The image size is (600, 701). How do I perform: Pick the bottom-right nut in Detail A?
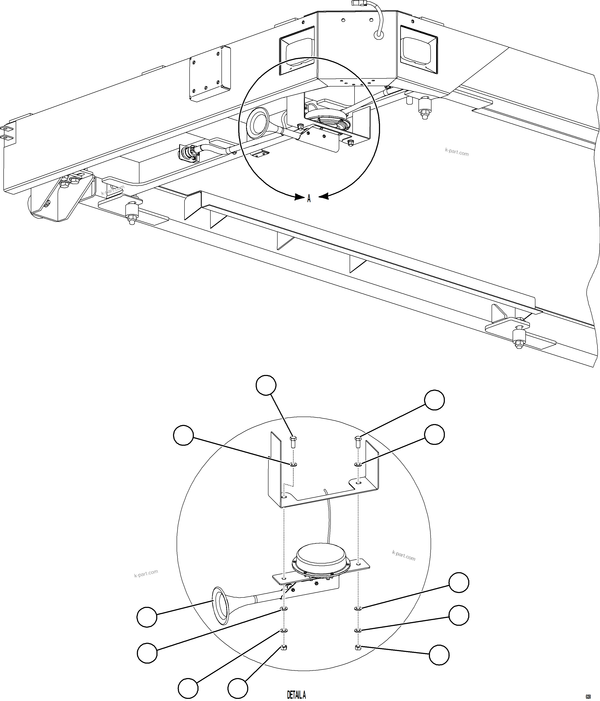tap(358, 648)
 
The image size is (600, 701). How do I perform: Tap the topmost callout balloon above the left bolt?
tap(266, 385)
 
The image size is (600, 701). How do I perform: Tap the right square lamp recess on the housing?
tap(418, 49)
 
